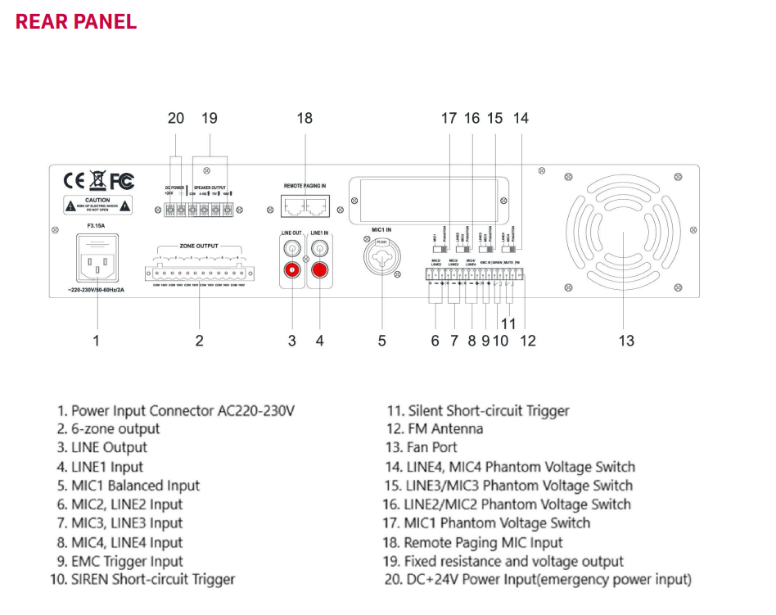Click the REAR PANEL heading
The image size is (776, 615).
point(76,21)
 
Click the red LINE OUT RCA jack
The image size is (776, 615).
point(291,269)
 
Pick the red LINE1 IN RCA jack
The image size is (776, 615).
point(319,269)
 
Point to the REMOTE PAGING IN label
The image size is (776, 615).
point(305,186)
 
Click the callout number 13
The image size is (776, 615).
point(625,340)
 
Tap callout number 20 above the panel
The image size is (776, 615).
point(176,118)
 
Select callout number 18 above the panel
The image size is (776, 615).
point(305,118)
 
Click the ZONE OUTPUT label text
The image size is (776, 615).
point(199,246)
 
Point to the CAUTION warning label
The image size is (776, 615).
point(97,204)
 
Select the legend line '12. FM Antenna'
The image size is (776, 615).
point(435,429)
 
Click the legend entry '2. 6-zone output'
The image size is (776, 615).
point(109,429)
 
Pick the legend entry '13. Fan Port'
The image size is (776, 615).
point(422,448)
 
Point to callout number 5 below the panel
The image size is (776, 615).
point(381,340)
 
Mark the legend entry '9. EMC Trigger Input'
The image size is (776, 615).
point(120,561)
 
